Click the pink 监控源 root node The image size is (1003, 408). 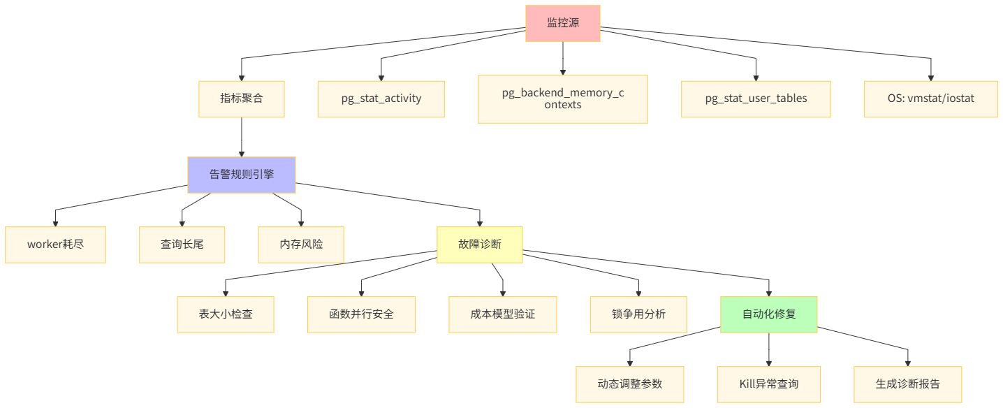tap(562, 23)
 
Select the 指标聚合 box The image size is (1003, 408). tap(242, 99)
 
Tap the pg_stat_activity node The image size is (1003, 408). tap(381, 99)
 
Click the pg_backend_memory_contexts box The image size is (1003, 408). tap(562, 99)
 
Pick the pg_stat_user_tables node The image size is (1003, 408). tap(756, 99)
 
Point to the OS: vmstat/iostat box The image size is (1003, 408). tap(930, 99)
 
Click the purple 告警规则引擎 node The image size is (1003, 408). tap(242, 175)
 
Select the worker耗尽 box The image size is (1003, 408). tap(55, 245)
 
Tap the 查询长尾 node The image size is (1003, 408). tap(182, 245)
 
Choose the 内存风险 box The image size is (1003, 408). tap(301, 245)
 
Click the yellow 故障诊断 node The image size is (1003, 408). tap(479, 245)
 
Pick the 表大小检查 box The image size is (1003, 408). tap(225, 314)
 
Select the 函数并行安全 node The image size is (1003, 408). tap(361, 314)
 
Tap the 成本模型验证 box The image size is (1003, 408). tap(502, 314)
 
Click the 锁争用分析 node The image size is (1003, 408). tap(638, 314)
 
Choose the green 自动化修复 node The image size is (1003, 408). tap(768, 314)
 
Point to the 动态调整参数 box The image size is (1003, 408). tap(629, 384)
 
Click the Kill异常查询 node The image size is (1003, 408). tap(768, 384)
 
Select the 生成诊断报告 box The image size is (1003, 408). tap(907, 384)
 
